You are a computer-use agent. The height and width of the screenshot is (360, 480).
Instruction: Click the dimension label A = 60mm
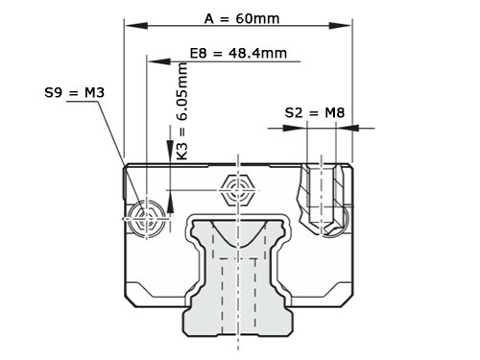click(242, 18)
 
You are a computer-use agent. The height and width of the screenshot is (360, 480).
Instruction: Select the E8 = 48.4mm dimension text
click(238, 53)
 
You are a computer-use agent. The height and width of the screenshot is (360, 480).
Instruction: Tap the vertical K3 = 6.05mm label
click(182, 111)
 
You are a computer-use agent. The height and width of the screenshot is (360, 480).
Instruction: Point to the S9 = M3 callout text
click(75, 93)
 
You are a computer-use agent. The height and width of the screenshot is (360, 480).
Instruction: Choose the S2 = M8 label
click(315, 112)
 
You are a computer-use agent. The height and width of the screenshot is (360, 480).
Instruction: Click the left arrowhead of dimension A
click(136, 26)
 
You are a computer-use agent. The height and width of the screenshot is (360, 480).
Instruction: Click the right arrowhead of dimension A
click(340, 26)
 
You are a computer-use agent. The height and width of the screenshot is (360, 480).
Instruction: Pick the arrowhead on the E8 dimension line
click(159, 60)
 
